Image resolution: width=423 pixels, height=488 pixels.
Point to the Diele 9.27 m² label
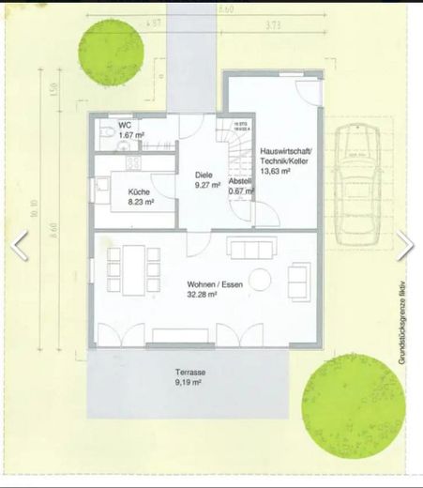[x=207, y=179]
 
